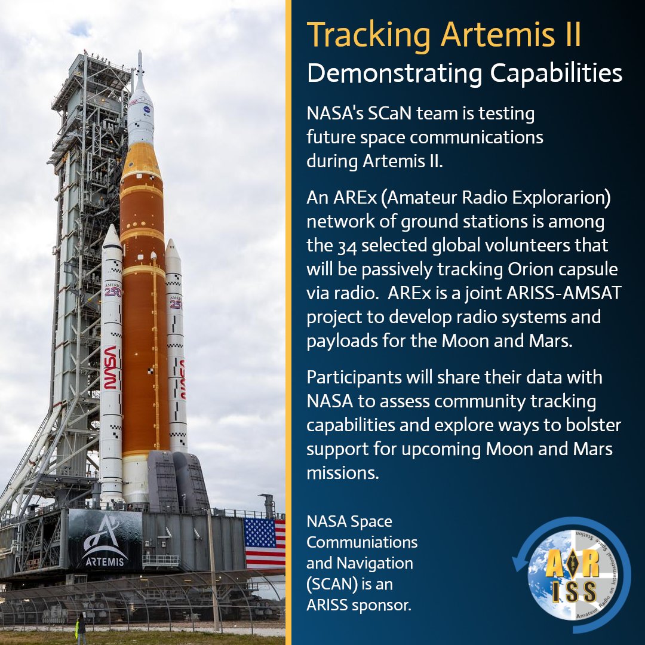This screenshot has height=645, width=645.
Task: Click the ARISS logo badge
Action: [572, 575]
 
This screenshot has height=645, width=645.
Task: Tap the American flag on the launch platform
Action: [265, 542]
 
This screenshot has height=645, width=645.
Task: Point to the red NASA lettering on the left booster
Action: [111, 367]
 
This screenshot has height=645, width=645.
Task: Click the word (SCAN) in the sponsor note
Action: [332, 583]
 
